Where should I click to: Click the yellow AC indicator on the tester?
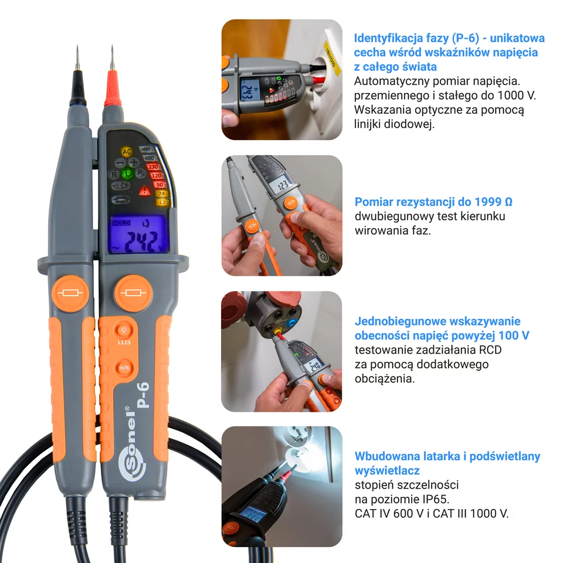[127, 152]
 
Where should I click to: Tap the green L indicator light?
[127, 174]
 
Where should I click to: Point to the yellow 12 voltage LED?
[162, 202]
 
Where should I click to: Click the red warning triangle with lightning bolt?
[144, 190]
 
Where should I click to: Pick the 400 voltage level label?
[150, 158]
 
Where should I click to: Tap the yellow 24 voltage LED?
[161, 194]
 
